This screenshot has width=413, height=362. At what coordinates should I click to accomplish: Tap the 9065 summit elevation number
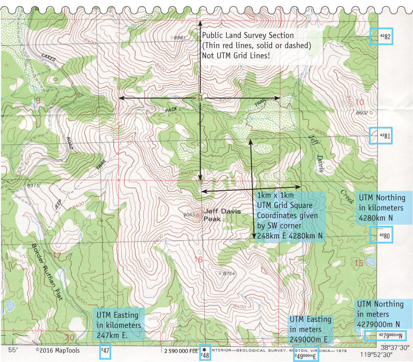coord(189,215)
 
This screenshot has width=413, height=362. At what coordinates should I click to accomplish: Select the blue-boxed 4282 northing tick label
coord(381,37)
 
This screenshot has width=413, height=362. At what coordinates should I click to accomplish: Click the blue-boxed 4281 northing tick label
coord(380,136)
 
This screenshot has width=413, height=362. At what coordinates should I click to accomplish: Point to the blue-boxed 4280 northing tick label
coord(380,235)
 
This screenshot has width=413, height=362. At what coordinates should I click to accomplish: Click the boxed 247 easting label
coord(105,352)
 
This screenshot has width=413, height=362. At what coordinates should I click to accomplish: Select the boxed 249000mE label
coord(305,356)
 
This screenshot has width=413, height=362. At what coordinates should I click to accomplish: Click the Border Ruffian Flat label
coord(47,271)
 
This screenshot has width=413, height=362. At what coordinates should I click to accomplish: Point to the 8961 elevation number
coord(179,38)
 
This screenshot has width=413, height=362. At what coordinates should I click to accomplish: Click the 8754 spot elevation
coord(229,273)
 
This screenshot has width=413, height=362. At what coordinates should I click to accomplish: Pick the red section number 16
coord(198,259)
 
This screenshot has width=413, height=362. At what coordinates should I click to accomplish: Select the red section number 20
coord(70,337)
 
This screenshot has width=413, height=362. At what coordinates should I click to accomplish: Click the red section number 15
coord(359,263)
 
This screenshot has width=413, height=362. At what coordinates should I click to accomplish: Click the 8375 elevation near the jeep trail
coord(33,186)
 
